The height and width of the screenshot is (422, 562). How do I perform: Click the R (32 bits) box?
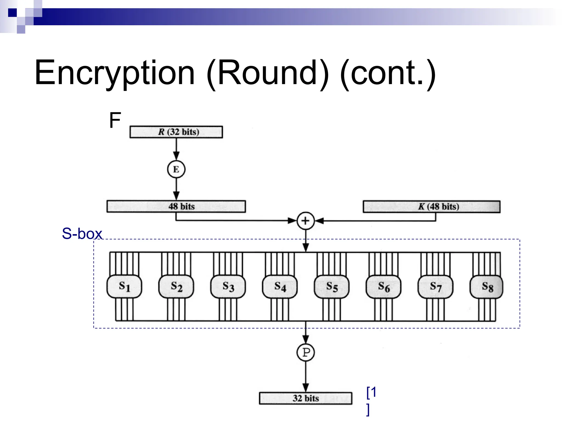(x=176, y=132)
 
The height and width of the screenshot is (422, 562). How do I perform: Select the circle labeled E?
(x=176, y=169)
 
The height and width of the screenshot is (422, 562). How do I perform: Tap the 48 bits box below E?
(x=176, y=206)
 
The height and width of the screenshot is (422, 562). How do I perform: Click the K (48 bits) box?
(x=431, y=207)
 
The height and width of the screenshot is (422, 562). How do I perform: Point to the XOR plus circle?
(x=305, y=221)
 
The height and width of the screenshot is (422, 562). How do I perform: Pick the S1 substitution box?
(x=124, y=287)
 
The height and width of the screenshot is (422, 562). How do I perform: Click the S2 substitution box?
(x=176, y=287)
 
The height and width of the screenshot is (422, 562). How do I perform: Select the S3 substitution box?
(x=228, y=287)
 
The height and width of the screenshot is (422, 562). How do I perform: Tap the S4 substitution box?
(x=280, y=287)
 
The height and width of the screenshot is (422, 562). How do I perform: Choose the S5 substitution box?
(x=331, y=287)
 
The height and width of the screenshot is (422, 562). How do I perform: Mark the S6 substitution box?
(x=383, y=287)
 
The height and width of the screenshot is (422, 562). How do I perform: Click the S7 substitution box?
(x=435, y=287)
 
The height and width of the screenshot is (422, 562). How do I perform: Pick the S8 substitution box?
(x=487, y=287)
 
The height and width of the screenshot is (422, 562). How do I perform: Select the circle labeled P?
(x=305, y=352)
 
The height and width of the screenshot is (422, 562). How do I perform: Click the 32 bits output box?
(x=305, y=398)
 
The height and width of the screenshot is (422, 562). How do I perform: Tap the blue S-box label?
(x=82, y=234)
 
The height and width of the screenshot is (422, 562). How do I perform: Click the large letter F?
(x=115, y=120)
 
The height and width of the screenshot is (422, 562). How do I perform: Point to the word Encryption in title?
(x=115, y=73)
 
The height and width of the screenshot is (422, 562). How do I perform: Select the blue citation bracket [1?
(x=371, y=393)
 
